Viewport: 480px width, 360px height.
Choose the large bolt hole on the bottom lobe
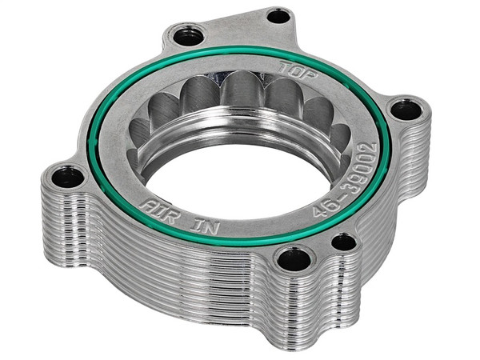coord(291,258)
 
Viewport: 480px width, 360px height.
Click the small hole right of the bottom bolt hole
coord(344,241)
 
